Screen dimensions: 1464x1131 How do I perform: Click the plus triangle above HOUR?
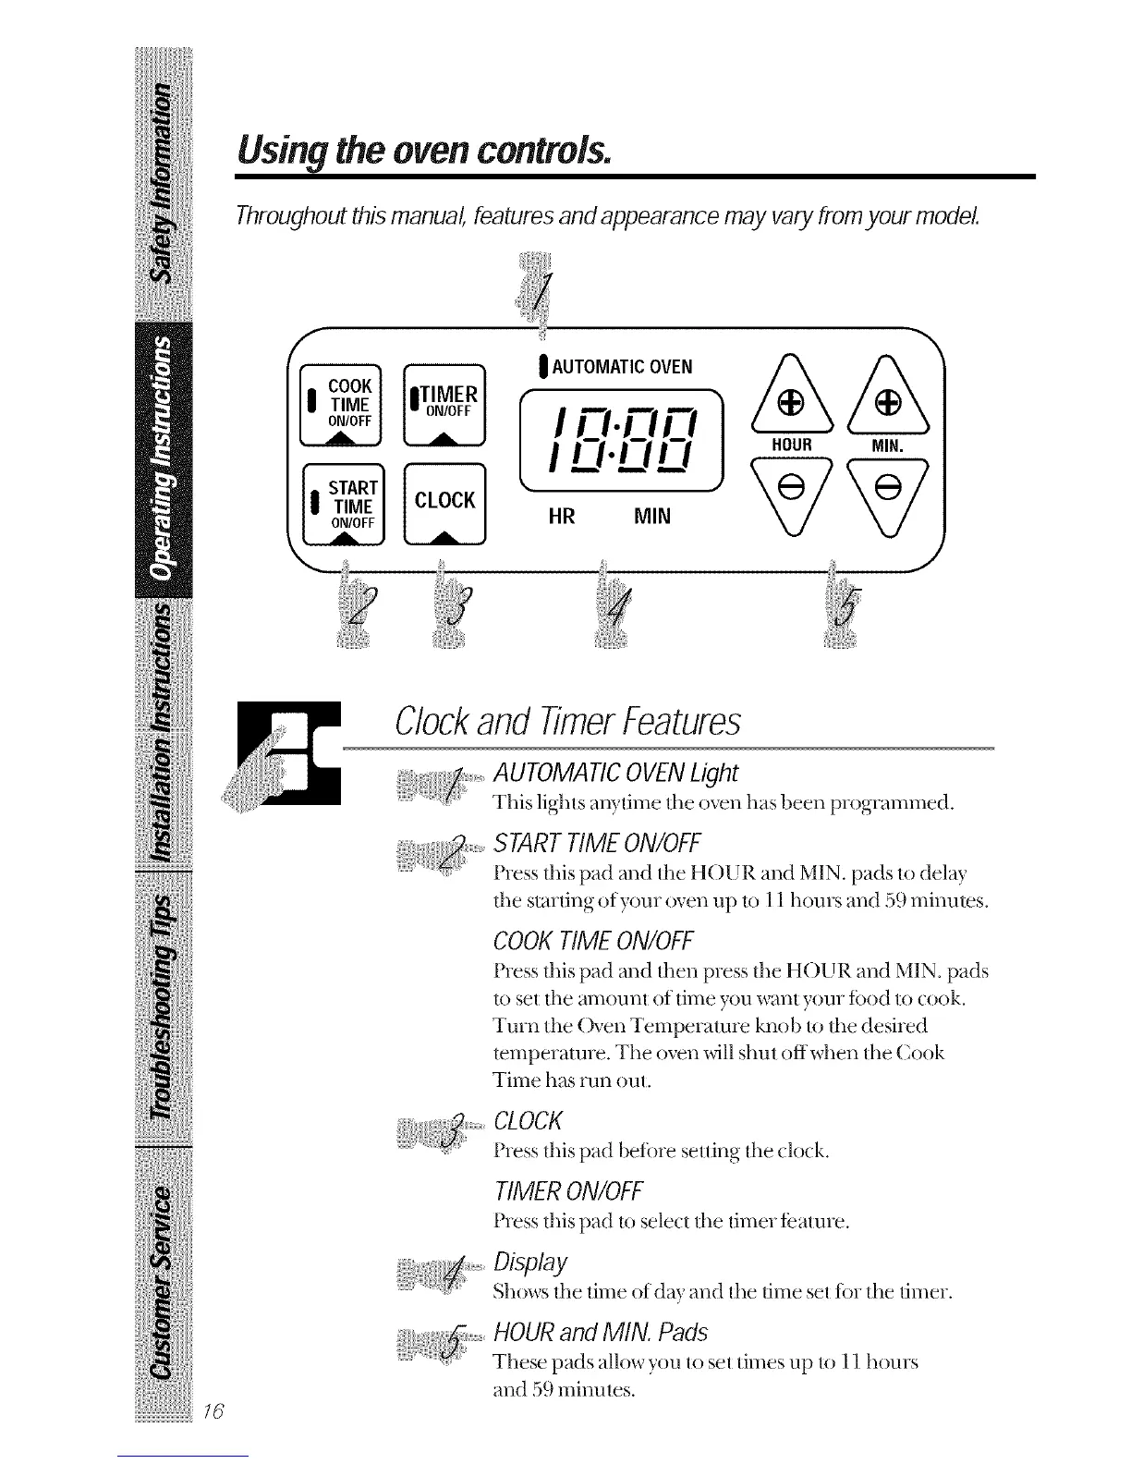point(790,402)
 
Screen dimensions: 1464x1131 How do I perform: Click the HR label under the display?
point(561,516)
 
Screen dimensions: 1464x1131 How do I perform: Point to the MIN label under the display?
point(652,516)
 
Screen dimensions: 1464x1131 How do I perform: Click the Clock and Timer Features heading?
point(566,722)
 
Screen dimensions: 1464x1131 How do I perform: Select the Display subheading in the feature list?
point(530,1263)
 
